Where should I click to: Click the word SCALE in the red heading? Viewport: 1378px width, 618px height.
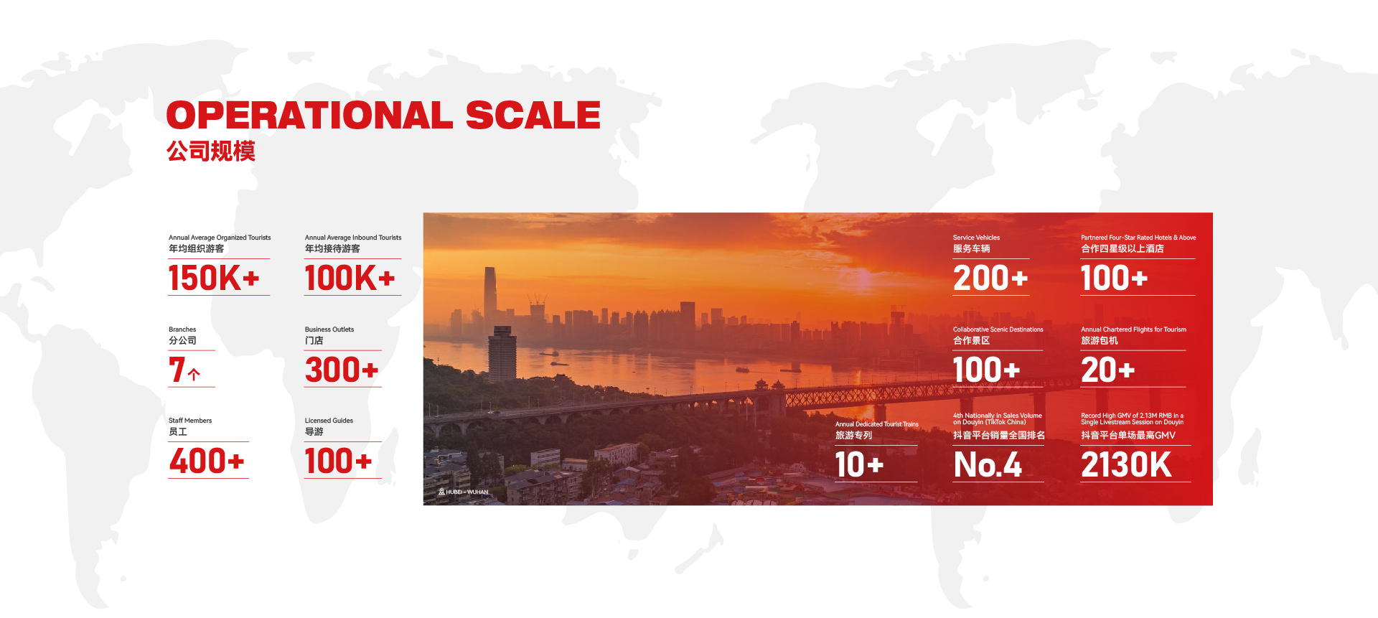pyautogui.click(x=533, y=115)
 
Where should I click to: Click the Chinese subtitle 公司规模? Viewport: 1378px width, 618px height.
pyautogui.click(x=211, y=151)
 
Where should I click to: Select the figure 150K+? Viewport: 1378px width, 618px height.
pyautogui.click(x=214, y=278)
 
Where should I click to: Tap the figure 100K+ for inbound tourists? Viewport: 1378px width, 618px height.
pyautogui.click(x=350, y=278)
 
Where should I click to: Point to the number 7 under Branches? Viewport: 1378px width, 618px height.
pyautogui.click(x=177, y=370)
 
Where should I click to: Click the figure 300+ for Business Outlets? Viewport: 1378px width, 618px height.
pyautogui.click(x=342, y=370)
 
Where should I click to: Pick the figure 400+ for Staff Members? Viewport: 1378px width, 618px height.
pyautogui.click(x=207, y=461)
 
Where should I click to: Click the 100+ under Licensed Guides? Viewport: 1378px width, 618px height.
pyautogui.click(x=338, y=461)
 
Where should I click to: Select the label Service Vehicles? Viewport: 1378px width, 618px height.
pyautogui.click(x=976, y=238)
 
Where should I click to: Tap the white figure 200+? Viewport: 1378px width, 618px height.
pyautogui.click(x=990, y=278)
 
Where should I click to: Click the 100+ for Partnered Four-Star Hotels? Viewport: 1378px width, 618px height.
pyautogui.click(x=1114, y=278)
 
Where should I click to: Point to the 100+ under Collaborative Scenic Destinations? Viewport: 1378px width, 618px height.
pyautogui.click(x=986, y=370)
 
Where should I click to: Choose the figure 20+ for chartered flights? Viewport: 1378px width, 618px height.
pyautogui.click(x=1107, y=370)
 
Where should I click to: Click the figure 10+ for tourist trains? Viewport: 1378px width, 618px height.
pyautogui.click(x=859, y=464)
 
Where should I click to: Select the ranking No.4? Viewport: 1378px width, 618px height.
pyautogui.click(x=988, y=464)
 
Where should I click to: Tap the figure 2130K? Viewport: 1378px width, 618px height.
pyautogui.click(x=1126, y=464)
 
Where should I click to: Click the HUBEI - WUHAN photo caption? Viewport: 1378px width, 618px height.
pyautogui.click(x=464, y=492)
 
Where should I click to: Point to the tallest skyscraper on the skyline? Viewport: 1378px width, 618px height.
pyautogui.click(x=491, y=294)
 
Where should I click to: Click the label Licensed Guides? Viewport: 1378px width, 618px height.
pyautogui.click(x=329, y=421)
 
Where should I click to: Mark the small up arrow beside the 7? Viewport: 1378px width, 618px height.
pyautogui.click(x=194, y=374)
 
